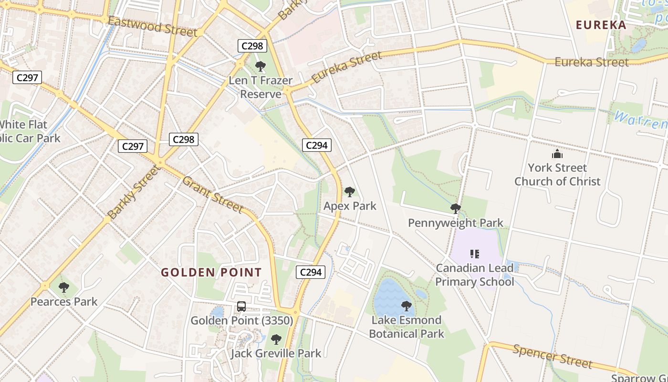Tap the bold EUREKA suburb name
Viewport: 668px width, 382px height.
[x=601, y=25]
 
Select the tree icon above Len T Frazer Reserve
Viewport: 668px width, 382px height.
[x=260, y=66]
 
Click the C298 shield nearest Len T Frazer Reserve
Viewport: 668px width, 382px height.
[x=252, y=46]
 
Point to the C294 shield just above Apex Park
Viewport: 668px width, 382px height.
[x=316, y=145]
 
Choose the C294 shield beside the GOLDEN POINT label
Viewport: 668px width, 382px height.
[x=311, y=272]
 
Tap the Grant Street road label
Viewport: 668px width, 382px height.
[x=213, y=194]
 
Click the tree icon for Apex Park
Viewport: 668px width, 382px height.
[x=350, y=192]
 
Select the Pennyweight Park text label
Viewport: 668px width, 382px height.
[x=455, y=223]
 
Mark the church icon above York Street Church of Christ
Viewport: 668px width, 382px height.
[x=557, y=154]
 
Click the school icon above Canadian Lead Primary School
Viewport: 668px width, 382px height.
[x=474, y=254]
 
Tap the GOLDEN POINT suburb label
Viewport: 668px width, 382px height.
[x=211, y=273]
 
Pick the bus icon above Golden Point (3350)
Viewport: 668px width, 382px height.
[x=241, y=306]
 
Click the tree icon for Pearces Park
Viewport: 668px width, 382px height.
[x=63, y=287]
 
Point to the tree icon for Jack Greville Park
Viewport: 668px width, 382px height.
[x=276, y=340]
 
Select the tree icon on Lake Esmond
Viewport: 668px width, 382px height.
[x=407, y=306]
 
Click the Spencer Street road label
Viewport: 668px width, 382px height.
[x=553, y=356]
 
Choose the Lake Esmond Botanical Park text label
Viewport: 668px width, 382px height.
[x=406, y=327]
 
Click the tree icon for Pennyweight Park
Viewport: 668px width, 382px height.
[x=455, y=208]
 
